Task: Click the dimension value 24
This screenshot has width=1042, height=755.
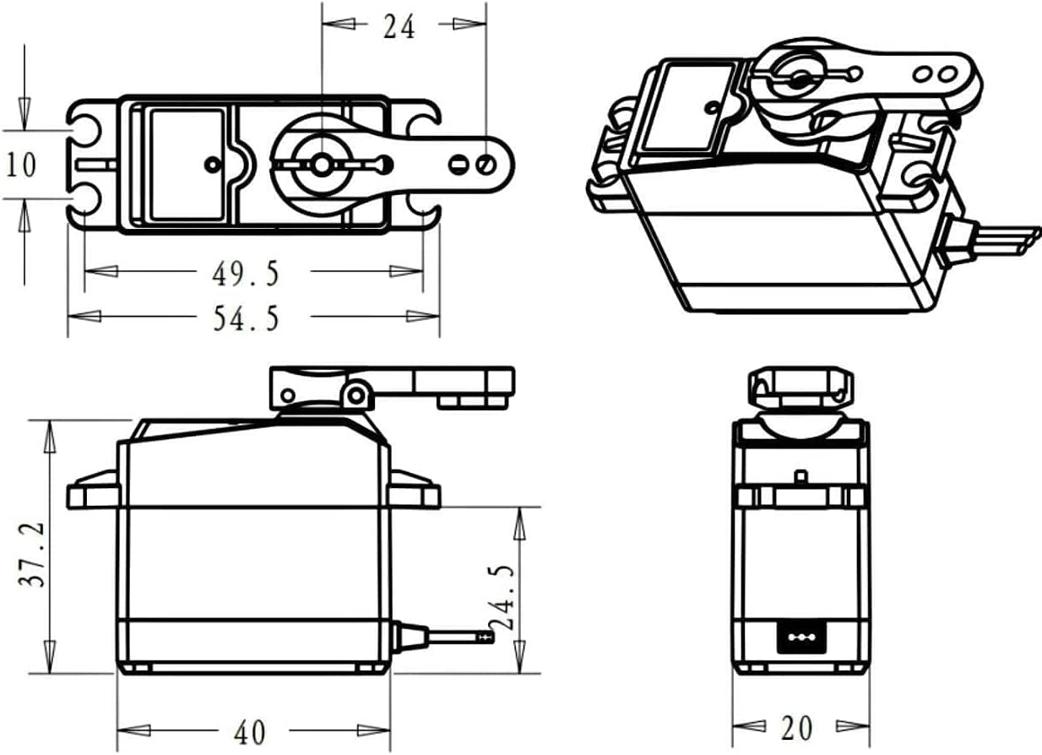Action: coord(399,26)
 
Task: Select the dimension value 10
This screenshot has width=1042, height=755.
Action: coord(21,165)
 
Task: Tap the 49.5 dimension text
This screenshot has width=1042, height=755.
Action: coord(245,273)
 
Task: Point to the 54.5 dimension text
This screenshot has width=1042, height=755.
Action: coord(245,318)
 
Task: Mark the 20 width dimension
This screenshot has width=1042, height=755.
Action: coord(796,727)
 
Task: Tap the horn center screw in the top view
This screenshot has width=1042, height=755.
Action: coord(321,164)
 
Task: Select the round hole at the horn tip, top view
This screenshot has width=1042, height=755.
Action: coord(486,163)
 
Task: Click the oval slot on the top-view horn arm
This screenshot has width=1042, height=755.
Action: coord(459,164)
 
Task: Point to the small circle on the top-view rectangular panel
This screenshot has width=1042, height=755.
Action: coord(211,164)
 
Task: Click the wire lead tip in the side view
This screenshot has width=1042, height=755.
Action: coord(485,636)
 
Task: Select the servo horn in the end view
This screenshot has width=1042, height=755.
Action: coord(798,388)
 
